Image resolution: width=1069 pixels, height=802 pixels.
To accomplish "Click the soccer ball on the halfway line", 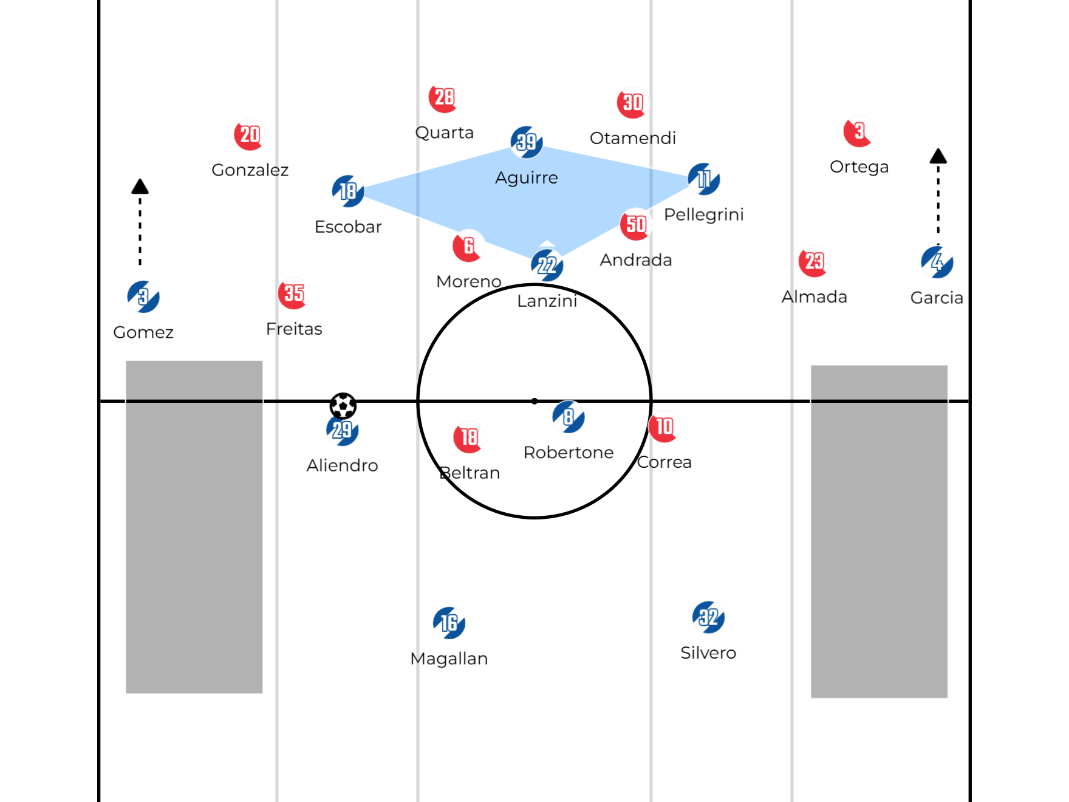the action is (343, 405).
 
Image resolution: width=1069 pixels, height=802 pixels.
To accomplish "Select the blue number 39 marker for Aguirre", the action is (527, 142).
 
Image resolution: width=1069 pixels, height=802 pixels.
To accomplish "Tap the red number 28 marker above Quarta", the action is (444, 97).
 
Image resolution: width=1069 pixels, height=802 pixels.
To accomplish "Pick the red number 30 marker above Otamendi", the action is (632, 103).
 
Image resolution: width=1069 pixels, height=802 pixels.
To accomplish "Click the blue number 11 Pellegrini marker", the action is (703, 179).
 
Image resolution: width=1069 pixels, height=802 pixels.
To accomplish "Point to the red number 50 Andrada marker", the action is (635, 224).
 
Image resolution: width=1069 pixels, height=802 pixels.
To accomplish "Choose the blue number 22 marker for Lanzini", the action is (547, 265).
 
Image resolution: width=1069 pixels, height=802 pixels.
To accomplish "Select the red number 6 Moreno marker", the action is (468, 246).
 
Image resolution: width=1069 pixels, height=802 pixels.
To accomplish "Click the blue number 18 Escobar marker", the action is (348, 191).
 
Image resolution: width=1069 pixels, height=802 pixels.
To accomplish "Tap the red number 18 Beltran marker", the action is (469, 437).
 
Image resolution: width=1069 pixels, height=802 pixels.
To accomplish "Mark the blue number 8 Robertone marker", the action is (569, 417).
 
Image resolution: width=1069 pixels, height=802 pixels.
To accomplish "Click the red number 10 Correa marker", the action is (664, 427).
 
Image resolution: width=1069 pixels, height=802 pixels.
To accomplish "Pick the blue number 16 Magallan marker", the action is (449, 623).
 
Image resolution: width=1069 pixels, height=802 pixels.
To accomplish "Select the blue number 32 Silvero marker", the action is (708, 617).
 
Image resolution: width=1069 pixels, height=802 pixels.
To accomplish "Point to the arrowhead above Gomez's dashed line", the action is (140, 186).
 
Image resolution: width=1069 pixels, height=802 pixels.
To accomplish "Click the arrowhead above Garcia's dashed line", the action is (938, 156).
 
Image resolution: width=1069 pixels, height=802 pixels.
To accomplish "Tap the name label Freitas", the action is (294, 329).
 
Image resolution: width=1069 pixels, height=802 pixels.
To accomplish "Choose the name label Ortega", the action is (859, 166).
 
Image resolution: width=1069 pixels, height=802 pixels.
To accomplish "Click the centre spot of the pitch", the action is (534, 401).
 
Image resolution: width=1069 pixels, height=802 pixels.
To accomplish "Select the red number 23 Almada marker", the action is (814, 262).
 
